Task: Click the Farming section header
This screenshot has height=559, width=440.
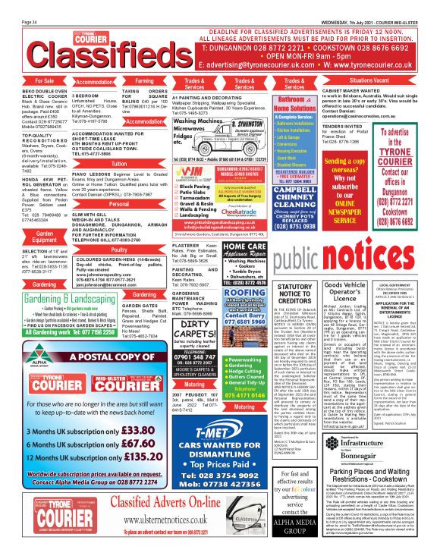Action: click(143, 80)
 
